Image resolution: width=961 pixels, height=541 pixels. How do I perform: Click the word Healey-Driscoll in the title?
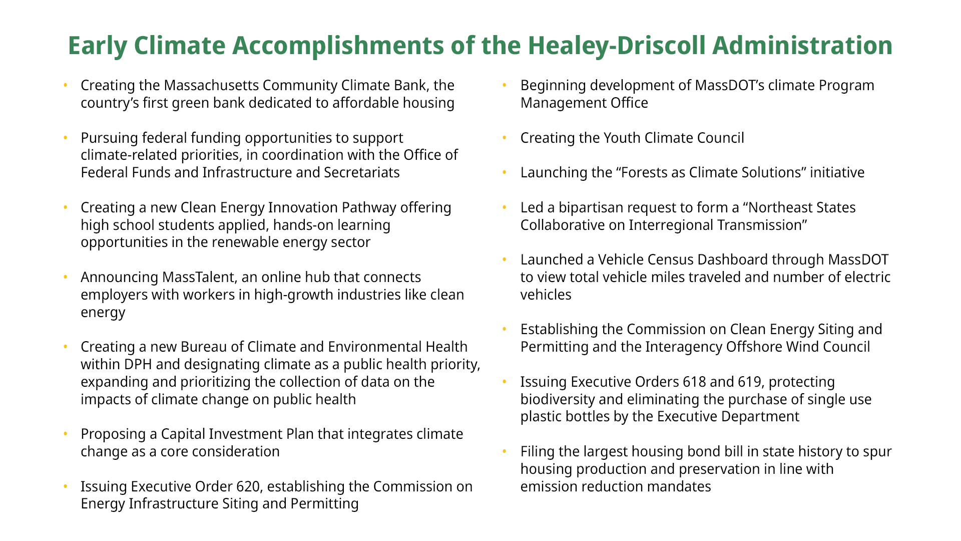617,46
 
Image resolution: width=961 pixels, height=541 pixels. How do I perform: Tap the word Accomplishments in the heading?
338,46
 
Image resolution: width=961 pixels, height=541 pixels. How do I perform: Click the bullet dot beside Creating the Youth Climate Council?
505,138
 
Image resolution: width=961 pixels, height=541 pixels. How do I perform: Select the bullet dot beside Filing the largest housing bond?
505,451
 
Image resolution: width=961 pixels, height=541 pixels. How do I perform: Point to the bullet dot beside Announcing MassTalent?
65,277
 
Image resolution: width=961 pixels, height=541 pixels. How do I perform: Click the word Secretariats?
362,172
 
